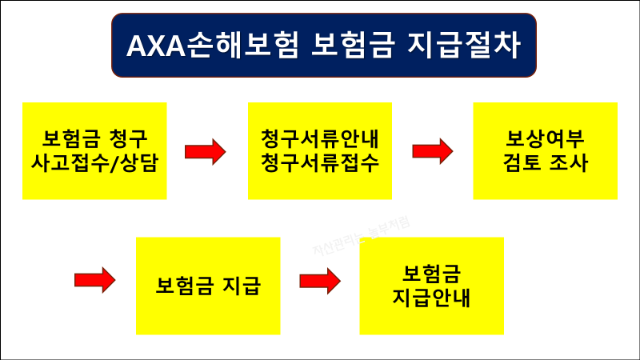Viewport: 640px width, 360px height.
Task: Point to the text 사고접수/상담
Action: (94, 162)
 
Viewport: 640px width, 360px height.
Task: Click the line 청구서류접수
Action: (320, 162)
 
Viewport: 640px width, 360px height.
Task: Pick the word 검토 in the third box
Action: (522, 162)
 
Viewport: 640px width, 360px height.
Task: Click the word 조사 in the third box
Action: (570, 162)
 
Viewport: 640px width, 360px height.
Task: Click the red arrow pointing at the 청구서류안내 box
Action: (206, 151)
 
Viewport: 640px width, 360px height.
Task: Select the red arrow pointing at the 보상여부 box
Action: (433, 151)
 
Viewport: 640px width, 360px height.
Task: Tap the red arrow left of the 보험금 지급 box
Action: (95, 281)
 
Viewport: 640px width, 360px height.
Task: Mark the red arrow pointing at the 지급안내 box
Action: (321, 281)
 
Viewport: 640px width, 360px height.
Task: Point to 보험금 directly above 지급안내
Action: (432, 273)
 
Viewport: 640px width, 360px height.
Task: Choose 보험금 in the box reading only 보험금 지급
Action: (186, 286)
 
